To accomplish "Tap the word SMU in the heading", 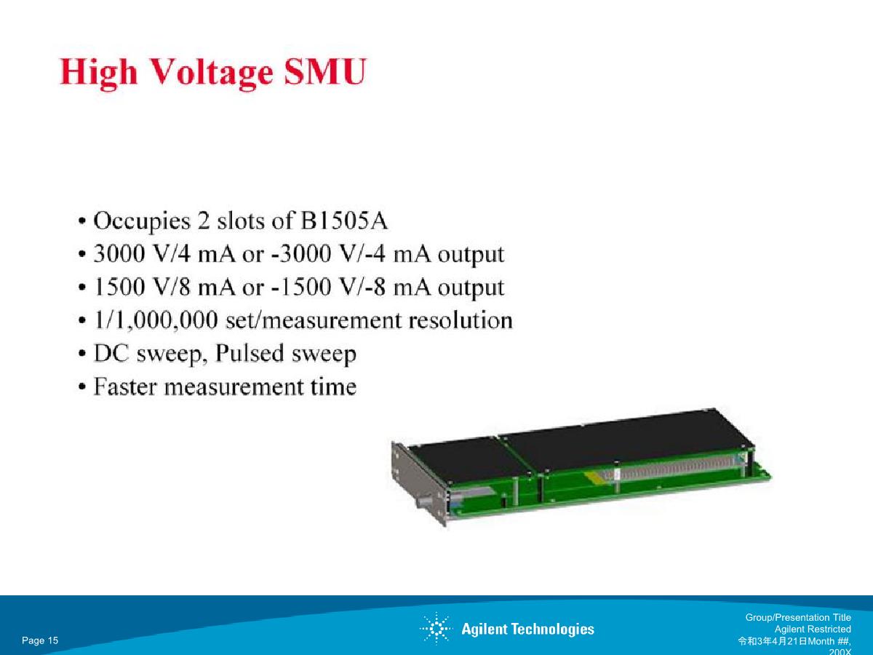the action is coord(325,71).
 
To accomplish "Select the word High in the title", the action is coord(99,74).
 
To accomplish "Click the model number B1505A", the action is coord(344,221).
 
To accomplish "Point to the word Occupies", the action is coord(142,222).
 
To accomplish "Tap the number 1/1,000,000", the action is coord(156,320).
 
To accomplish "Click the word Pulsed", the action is coord(249,353).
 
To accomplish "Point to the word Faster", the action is coord(125,386).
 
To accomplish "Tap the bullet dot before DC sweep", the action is coord(82,354).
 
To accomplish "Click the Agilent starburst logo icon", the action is coord(436,629).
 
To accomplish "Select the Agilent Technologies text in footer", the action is coord(527,629).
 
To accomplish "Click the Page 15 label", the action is coord(40,640).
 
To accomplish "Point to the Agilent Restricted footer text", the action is coord(813,629).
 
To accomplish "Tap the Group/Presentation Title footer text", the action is coord(798,617).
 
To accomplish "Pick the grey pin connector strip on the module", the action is coord(672,469).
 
